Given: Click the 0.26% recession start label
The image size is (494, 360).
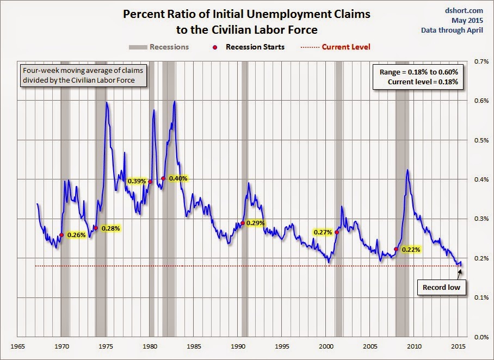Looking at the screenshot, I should [77, 235].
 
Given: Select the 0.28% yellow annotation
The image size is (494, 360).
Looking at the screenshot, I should [110, 228].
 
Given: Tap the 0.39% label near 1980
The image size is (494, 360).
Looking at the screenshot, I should [136, 181].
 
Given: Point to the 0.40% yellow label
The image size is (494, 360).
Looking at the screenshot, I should [178, 178].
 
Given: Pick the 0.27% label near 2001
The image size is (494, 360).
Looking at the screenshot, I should [323, 232].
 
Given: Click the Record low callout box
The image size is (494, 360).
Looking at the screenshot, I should [441, 288].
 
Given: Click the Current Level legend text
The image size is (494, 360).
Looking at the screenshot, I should [346, 47].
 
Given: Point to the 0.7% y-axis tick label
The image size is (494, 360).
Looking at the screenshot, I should [480, 61].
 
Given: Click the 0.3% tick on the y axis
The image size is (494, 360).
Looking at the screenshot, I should [480, 219].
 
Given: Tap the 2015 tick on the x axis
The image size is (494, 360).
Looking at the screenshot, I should [458, 346].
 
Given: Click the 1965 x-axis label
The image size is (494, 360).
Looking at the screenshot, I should [18, 346].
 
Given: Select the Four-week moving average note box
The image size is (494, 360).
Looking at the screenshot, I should [78, 76].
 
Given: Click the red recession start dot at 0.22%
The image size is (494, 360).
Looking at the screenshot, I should [396, 249].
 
